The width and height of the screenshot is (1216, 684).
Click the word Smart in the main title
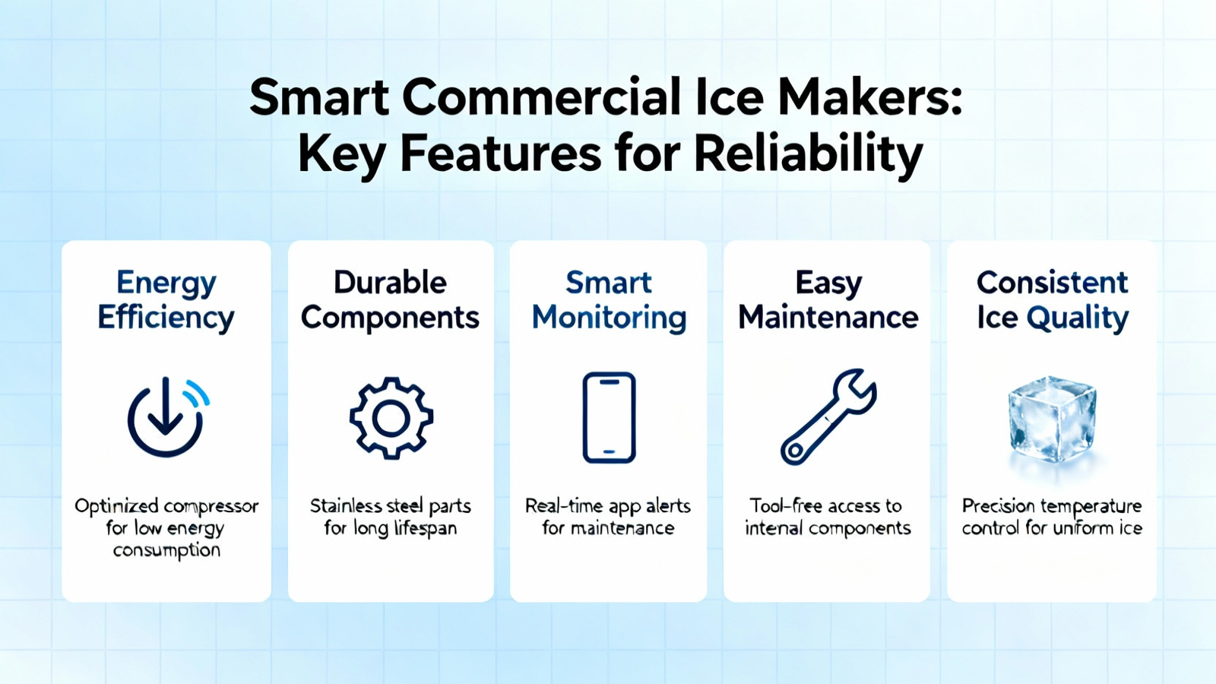click(x=319, y=97)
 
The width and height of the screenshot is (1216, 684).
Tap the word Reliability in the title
click(x=809, y=154)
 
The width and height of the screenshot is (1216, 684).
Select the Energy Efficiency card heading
click(x=166, y=300)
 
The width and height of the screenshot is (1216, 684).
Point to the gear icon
click(x=391, y=418)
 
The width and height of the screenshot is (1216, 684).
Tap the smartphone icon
click(x=609, y=417)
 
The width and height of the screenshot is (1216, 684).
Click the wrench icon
click(x=828, y=417)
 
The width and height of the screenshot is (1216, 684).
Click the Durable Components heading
click(x=391, y=300)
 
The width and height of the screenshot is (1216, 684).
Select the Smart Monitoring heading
click(x=609, y=300)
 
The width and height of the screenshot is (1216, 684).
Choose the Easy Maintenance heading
click(x=828, y=300)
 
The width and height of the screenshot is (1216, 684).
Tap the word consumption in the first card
click(x=166, y=550)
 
